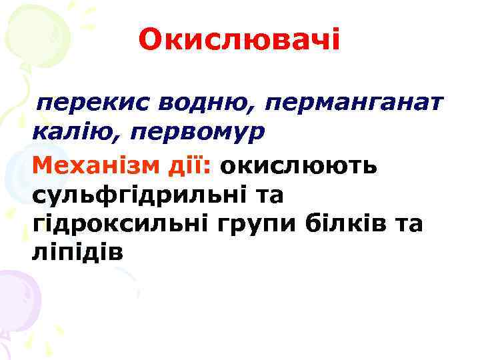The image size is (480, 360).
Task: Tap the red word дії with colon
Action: tap(188, 166)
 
